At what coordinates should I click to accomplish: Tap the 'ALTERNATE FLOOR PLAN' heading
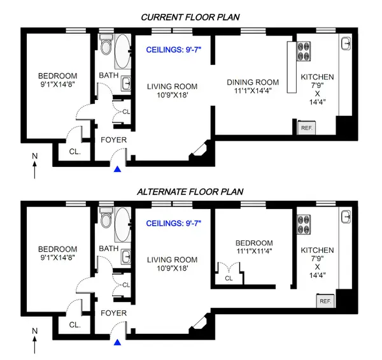coord(191,191)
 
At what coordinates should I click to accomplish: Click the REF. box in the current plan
coord(306,127)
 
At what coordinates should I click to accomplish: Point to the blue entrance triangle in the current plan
coord(118,169)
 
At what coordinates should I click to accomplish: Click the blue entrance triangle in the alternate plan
coord(118,342)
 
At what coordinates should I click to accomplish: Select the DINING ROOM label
coord(253,82)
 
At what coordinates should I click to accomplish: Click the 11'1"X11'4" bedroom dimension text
coord(254,253)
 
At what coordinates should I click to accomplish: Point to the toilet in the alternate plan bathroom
coord(106,220)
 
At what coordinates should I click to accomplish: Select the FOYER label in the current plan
coord(114,140)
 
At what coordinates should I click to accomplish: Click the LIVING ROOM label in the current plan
coord(172,86)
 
